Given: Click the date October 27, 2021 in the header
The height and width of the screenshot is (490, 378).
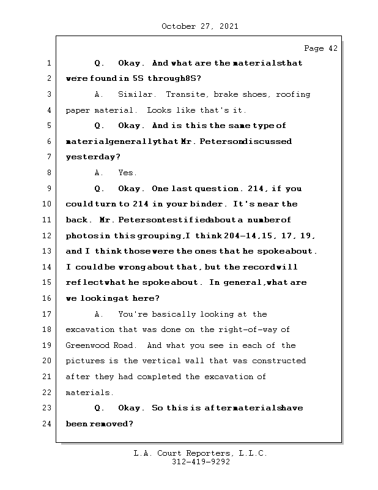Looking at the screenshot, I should pos(199,26).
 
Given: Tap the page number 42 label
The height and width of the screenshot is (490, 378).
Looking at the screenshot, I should pos(321,48).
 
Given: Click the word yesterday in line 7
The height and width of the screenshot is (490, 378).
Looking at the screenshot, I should pos(91,157).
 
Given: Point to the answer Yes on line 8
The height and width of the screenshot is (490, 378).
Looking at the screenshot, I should pos(127,173).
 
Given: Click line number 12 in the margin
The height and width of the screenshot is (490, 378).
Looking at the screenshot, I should pos(48,235).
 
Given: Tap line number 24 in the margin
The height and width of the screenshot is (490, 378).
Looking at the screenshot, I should pos(48,424).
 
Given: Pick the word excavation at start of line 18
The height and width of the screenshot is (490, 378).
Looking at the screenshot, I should pos(90,330).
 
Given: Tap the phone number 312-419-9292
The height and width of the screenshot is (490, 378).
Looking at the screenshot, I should pos(201,462).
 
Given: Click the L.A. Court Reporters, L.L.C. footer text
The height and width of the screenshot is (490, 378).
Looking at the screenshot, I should pos(200,453).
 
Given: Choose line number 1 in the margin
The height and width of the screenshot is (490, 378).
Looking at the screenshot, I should pos(48,63).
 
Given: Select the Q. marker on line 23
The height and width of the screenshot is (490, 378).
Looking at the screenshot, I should pos(100,408).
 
